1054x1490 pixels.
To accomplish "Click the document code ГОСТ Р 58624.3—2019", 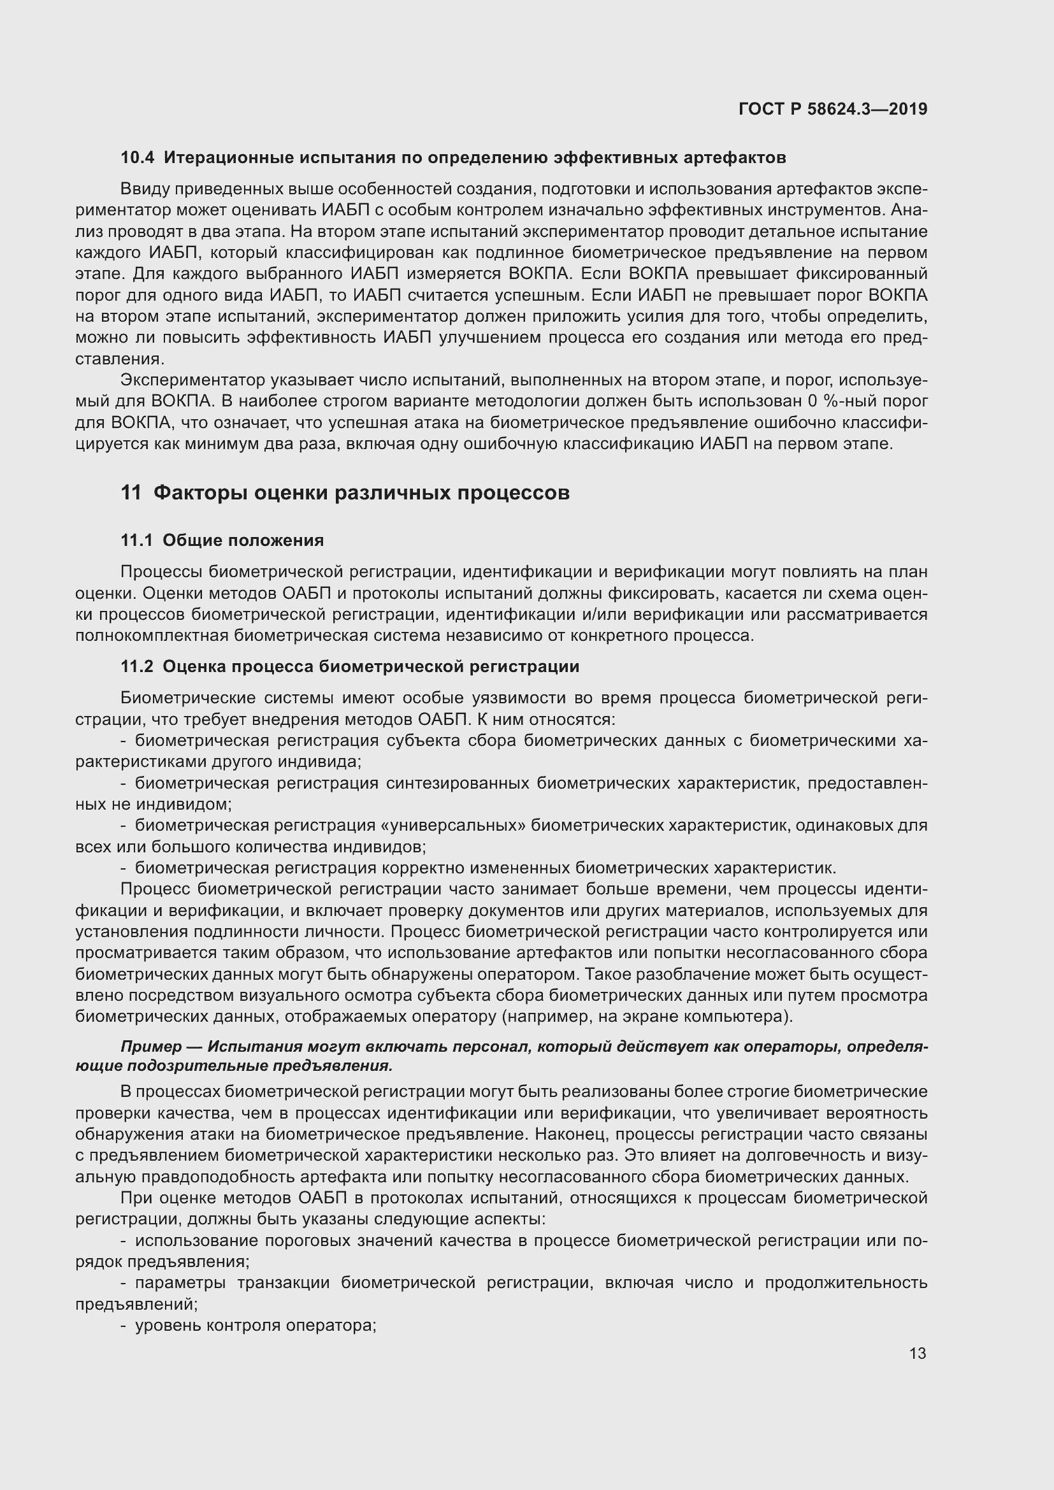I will pos(833,109).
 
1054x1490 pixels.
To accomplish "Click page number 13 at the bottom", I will pos(918,1354).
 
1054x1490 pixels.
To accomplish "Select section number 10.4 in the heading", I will pos(138,158).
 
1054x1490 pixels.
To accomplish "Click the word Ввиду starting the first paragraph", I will pos(143,189).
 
